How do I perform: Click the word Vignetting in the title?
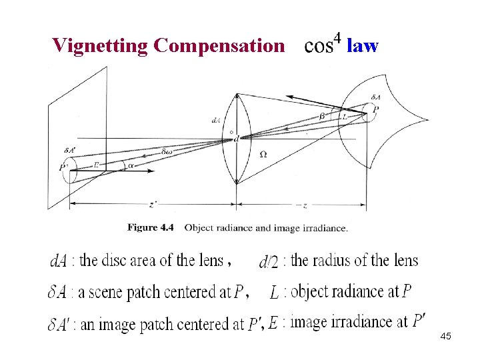[100, 45]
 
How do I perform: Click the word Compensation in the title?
[218, 45]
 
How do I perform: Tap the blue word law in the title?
[363, 45]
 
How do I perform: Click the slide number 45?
[446, 337]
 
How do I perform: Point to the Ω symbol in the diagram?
[263, 154]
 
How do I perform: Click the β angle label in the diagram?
[322, 115]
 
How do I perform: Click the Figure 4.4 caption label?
[150, 227]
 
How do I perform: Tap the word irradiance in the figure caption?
[325, 227]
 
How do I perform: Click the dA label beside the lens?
[216, 121]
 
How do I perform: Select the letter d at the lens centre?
[237, 138]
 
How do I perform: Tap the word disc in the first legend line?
[124, 260]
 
